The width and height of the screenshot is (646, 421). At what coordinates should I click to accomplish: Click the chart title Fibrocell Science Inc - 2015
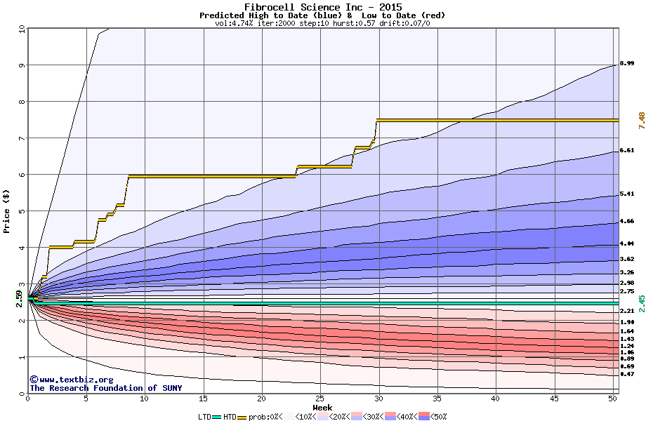coord(322,7)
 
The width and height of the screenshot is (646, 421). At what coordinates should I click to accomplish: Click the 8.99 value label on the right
coord(627,64)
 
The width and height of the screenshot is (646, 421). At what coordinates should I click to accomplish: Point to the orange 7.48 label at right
coord(641,121)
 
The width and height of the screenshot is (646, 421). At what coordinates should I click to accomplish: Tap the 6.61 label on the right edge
coord(627,150)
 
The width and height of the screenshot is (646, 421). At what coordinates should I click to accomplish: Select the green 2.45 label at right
coord(641,303)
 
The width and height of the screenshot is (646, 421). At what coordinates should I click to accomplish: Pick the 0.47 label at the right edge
coord(627,375)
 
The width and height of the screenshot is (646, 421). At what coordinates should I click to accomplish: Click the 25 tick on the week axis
coord(319,399)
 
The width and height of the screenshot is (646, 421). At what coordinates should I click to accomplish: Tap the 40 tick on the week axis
coord(495,399)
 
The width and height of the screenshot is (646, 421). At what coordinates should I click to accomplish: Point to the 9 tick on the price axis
coord(22,65)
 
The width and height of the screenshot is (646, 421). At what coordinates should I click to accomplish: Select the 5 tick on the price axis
coord(22,211)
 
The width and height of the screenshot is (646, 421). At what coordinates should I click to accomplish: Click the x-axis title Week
coord(322,408)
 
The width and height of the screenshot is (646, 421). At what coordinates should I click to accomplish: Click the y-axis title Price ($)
coord(7,210)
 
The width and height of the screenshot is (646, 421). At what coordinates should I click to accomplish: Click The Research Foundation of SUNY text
coord(105,388)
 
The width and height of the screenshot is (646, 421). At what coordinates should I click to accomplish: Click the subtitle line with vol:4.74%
coord(322,23)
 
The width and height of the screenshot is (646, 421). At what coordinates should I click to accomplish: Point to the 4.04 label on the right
coord(627,243)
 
